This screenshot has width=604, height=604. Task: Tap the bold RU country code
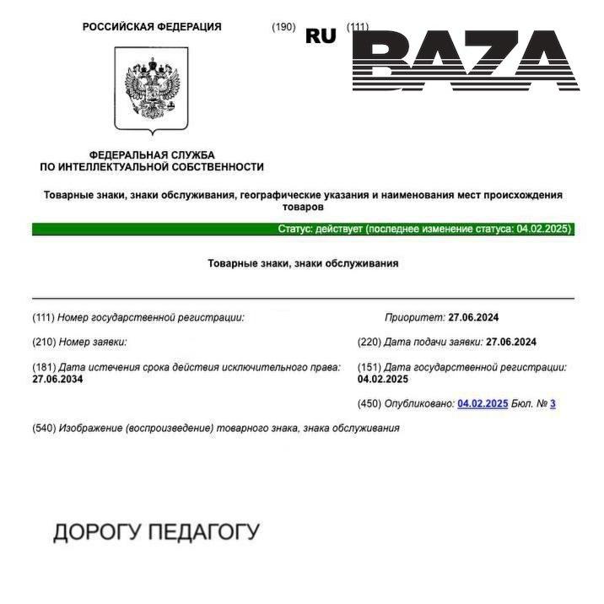(321, 35)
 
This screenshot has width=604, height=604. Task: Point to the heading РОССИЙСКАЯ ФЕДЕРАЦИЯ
(152, 27)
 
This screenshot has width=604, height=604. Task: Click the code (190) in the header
(283, 27)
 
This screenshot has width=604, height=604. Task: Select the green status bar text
(425, 229)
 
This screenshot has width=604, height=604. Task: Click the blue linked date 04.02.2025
(483, 404)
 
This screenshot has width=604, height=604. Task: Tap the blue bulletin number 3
(553, 404)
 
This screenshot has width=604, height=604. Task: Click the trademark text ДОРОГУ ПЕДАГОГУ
(156, 532)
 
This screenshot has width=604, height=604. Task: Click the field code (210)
(44, 342)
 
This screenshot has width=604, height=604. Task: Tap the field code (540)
(44, 428)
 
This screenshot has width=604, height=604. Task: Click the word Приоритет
(414, 318)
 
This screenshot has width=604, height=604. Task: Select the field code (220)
(369, 342)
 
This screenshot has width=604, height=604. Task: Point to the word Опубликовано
(418, 404)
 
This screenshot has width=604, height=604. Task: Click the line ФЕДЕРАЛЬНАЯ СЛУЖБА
(152, 155)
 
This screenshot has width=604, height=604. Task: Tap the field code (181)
(44, 368)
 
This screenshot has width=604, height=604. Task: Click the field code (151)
(369, 368)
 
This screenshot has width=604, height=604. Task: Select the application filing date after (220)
(511, 342)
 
